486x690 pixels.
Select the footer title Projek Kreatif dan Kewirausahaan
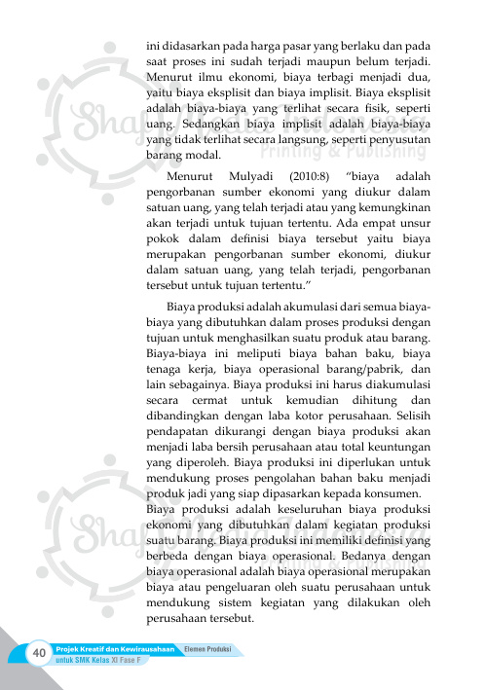click(x=115, y=648)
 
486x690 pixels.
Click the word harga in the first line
click(x=267, y=45)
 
